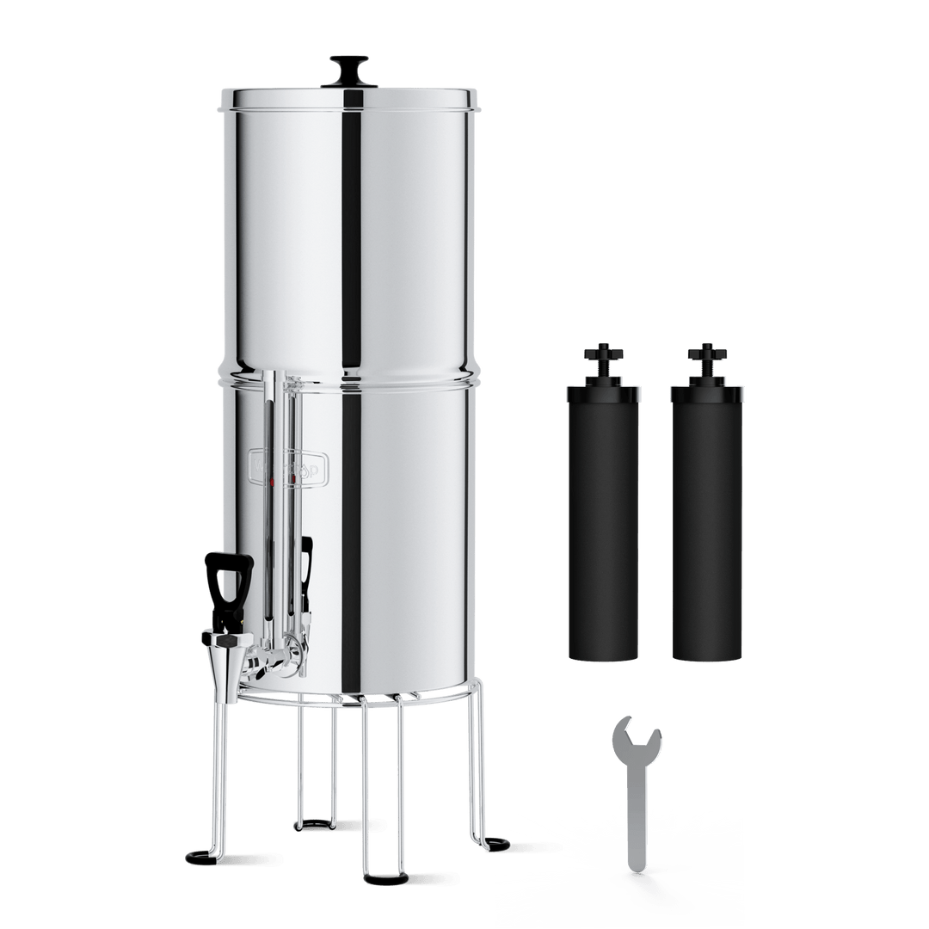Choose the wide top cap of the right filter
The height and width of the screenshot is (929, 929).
(x=707, y=391)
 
